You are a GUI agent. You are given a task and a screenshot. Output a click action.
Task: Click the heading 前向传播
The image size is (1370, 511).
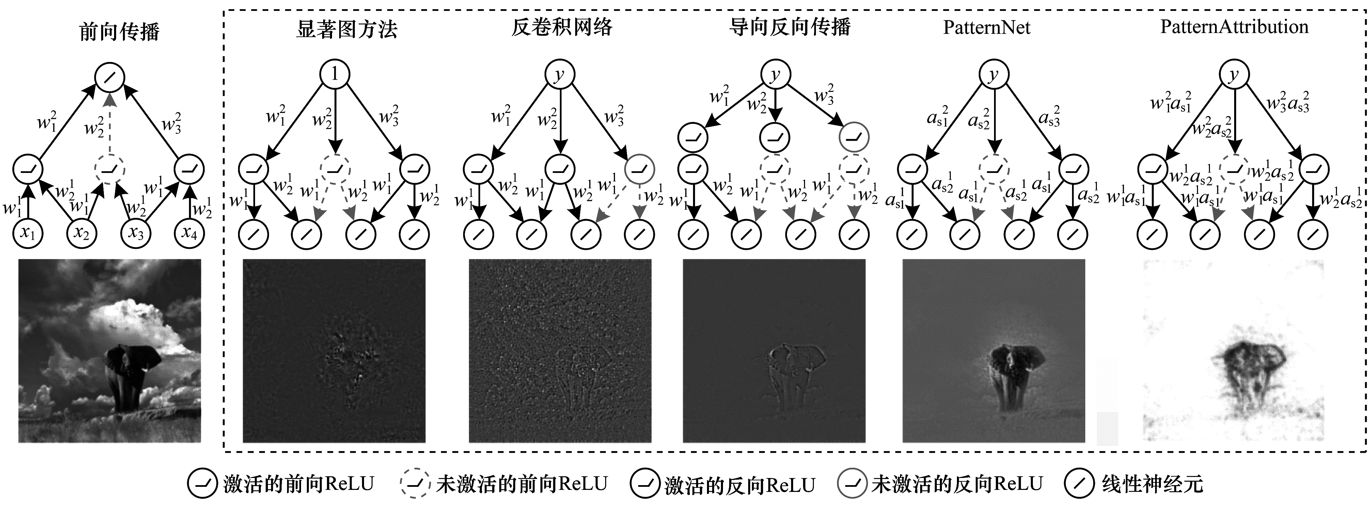pos(119,31)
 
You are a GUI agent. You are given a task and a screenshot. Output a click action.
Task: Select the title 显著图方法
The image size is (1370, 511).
pos(346,28)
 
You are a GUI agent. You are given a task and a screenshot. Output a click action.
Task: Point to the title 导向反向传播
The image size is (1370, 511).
pos(789,27)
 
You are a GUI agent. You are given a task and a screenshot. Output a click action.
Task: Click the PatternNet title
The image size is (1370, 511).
pos(987,27)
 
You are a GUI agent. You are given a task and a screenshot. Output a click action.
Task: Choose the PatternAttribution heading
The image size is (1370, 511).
pos(1234,27)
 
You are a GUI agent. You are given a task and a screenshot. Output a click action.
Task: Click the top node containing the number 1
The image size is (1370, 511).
pos(334,74)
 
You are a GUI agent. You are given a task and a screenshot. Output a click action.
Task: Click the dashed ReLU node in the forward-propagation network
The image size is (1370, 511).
pos(110,170)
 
